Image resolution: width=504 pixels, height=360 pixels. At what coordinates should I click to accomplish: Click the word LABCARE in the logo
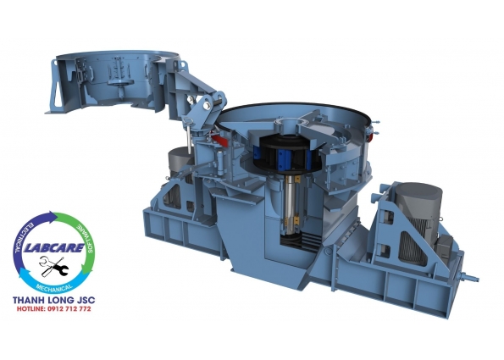[x=54, y=248]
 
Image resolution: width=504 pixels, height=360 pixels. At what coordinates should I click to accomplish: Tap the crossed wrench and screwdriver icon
[x=53, y=266]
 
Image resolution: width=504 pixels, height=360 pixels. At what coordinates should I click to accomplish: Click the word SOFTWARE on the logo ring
[x=86, y=239]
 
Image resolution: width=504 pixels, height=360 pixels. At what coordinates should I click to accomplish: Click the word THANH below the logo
[x=28, y=300]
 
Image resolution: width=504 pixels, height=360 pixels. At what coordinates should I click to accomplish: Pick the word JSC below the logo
[x=86, y=300]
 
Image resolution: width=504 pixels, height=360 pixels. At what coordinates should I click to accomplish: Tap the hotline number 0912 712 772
[x=69, y=309]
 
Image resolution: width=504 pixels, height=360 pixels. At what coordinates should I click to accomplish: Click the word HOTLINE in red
[x=30, y=309]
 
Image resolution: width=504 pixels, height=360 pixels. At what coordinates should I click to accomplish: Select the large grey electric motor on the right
[x=417, y=222]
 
